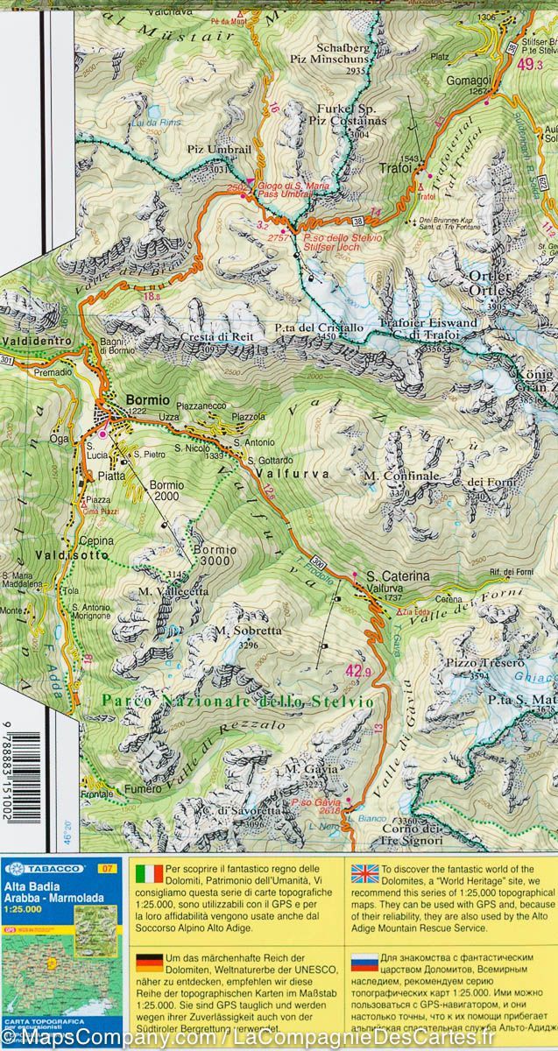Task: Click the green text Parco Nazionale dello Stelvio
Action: (237, 702)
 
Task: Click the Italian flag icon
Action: (145, 872)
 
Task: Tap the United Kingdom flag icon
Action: (363, 872)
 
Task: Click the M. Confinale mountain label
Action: (400, 476)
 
